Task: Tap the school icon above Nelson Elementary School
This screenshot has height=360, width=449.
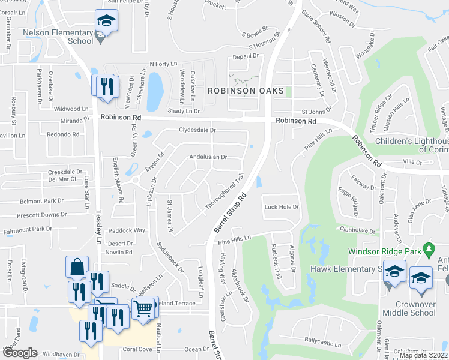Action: (106, 20)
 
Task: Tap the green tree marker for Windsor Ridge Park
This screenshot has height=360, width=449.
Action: (429, 248)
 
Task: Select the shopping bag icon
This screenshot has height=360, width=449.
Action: (77, 266)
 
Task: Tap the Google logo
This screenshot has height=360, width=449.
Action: (20, 353)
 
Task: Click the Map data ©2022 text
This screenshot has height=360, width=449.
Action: (423, 355)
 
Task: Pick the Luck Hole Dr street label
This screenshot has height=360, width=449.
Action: (282, 207)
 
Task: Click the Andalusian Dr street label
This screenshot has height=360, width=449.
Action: (208, 157)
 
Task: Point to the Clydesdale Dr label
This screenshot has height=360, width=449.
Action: (197, 130)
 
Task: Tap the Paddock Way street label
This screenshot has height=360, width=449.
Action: (131, 230)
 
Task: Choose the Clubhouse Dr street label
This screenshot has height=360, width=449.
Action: (357, 230)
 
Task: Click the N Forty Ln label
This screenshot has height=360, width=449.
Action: (164, 64)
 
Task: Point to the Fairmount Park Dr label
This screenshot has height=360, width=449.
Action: (26, 229)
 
